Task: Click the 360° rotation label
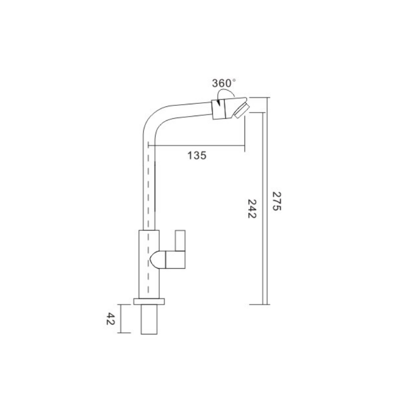[x=223, y=83]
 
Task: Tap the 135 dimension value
[x=197, y=156]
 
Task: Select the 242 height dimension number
[x=252, y=209]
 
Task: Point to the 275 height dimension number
[x=276, y=201]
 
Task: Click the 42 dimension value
[x=110, y=319]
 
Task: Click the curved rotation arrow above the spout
[x=226, y=92]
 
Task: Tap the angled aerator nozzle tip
[x=242, y=110]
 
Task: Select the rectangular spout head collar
[x=219, y=109]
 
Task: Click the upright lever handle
[x=180, y=240]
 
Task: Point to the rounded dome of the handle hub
[x=158, y=259]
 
